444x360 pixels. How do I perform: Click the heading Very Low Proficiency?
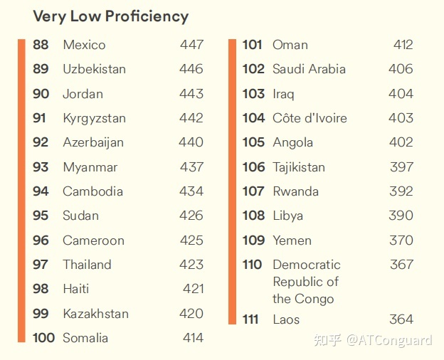tap(110, 16)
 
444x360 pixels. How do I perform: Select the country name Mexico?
tap(84, 45)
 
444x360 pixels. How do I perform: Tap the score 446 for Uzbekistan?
tap(191, 69)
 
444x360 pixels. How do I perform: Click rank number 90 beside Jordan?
tap(41, 94)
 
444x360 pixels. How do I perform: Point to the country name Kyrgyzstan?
tap(94, 118)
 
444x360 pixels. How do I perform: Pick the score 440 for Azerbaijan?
tap(191, 142)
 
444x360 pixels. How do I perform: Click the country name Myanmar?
tap(90, 167)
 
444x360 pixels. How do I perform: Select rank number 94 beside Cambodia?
tap(41, 191)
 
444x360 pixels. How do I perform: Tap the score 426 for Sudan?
tap(191, 216)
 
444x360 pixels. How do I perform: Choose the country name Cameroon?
tap(93, 240)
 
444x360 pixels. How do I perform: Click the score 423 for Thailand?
tap(191, 265)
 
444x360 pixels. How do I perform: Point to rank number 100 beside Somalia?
tap(43, 338)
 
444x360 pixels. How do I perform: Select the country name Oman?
tap(290, 45)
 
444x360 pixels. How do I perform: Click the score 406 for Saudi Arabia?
tap(401, 69)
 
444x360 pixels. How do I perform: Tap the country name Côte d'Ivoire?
tap(310, 118)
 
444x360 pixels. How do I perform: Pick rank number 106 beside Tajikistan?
tap(253, 167)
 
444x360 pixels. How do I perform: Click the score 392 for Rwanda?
tap(401, 191)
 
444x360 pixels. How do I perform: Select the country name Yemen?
tap(292, 240)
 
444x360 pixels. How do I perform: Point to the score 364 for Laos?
tap(401, 319)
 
